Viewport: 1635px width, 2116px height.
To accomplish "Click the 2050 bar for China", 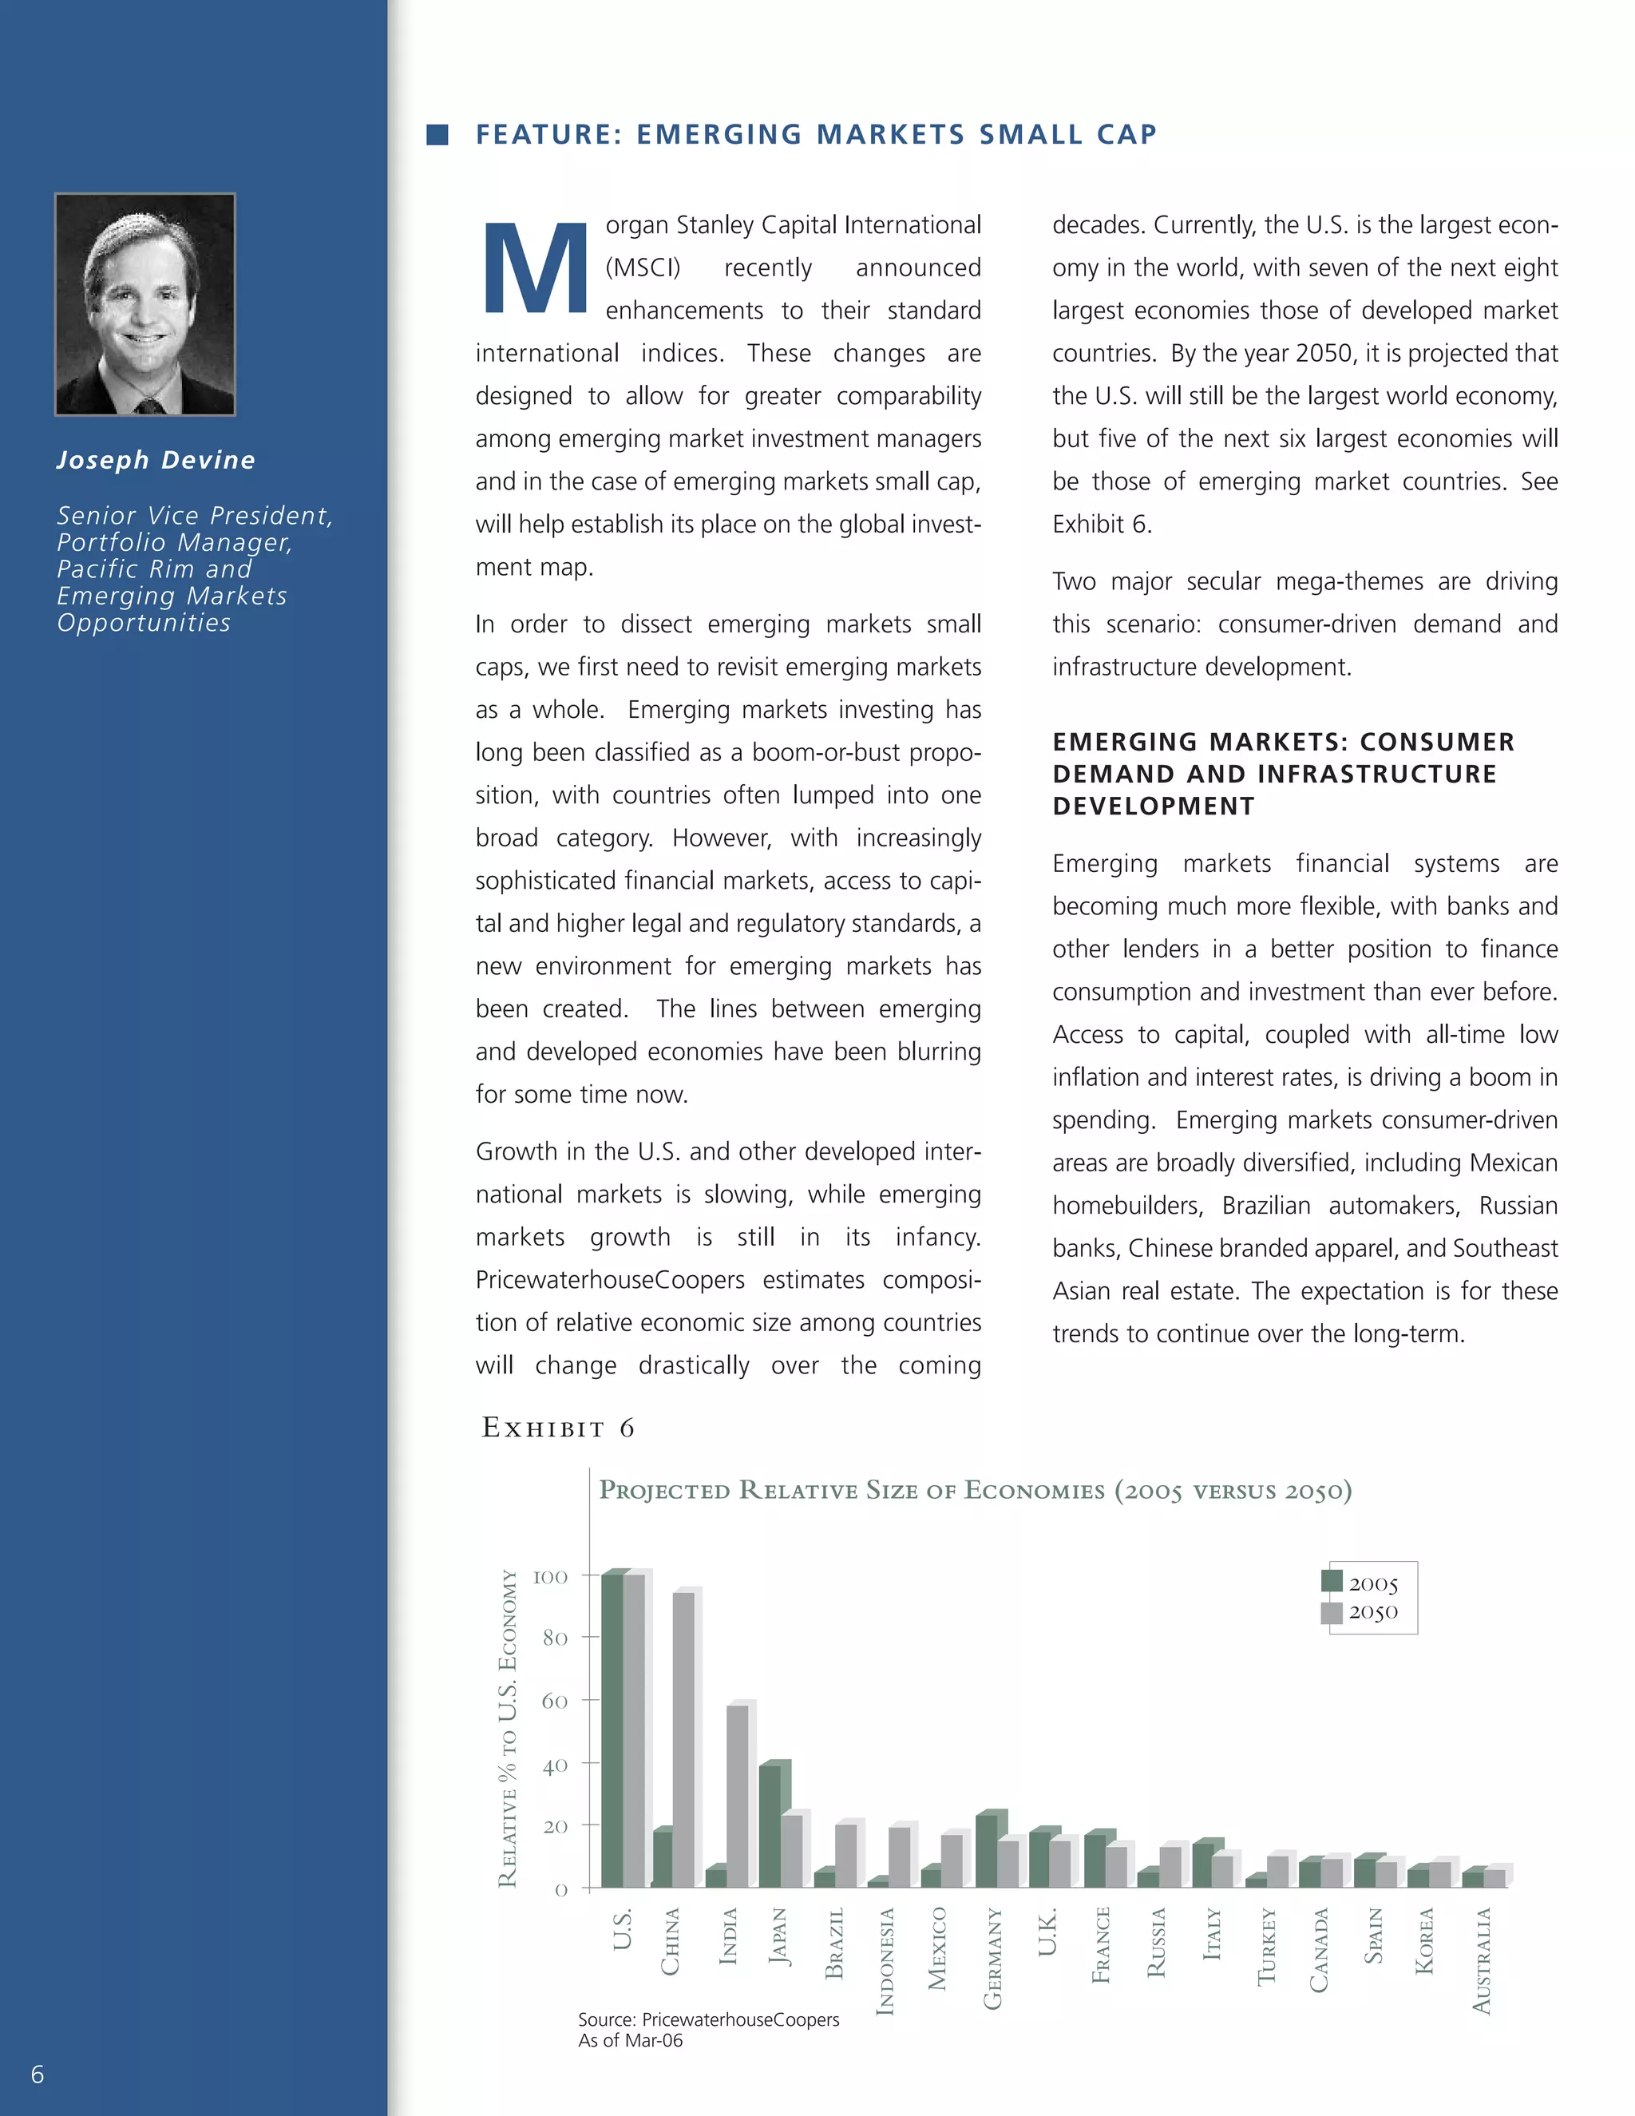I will (684, 1739).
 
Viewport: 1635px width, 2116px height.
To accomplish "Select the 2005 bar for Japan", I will (770, 1825).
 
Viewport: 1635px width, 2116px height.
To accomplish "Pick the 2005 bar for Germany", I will (986, 1851).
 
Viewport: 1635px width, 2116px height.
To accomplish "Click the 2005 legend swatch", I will (1332, 1582).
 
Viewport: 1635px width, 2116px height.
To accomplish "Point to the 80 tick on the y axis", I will (555, 1639).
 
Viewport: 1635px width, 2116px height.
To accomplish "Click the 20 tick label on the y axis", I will (555, 1826).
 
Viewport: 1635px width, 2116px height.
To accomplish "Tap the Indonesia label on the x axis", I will (885, 1961).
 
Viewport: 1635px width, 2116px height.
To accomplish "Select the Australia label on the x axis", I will (1482, 1961).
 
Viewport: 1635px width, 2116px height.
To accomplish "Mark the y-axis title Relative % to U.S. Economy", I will (508, 1729).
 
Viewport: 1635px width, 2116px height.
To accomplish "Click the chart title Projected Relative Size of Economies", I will (975, 1490).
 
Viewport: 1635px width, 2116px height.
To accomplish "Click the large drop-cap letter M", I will (536, 268).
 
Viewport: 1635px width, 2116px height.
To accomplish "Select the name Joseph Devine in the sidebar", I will (156, 460).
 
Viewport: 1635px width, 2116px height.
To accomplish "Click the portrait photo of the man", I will (145, 304).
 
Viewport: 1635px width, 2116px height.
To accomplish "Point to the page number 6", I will (38, 2074).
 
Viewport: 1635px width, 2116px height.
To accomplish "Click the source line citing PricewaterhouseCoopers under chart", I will (708, 2019).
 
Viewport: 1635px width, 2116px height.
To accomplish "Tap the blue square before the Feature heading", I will (437, 135).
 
